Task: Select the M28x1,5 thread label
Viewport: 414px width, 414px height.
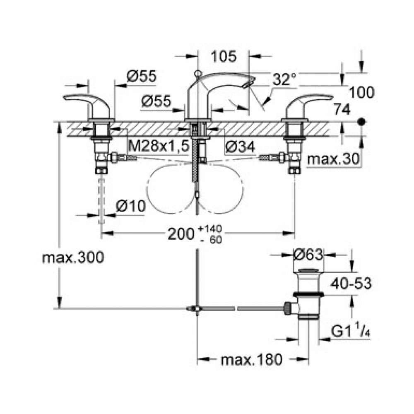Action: click(x=159, y=145)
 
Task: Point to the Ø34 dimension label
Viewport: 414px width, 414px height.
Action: click(x=240, y=145)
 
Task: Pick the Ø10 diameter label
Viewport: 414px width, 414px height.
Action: click(x=130, y=206)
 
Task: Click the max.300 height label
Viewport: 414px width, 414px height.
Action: click(x=73, y=258)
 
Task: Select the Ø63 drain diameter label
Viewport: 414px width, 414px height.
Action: click(x=307, y=255)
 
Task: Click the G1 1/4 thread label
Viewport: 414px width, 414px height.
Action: click(x=350, y=332)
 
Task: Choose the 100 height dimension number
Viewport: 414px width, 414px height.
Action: click(x=361, y=92)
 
